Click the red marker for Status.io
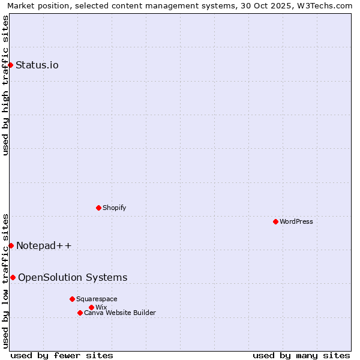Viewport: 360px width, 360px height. click(10, 65)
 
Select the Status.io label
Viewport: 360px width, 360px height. click(37, 65)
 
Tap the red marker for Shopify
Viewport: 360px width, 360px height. click(98, 208)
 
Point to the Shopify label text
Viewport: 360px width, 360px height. click(114, 208)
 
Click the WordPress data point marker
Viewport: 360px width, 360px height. click(275, 221)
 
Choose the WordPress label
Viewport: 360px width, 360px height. click(296, 221)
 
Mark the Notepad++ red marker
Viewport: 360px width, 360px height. click(11, 245)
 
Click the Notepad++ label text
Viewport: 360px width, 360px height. click(44, 245)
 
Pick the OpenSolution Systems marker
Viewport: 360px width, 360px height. click(13, 277)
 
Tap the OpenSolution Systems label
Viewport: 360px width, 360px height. click(73, 277)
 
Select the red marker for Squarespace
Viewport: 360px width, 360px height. click(72, 299)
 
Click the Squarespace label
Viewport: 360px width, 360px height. click(97, 299)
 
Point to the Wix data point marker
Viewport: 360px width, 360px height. click(91, 307)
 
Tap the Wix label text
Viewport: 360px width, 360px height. click(101, 307)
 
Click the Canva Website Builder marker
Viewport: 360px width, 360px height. click(80, 313)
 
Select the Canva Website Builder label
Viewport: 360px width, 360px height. click(120, 313)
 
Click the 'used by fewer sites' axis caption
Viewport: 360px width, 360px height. click(62, 355)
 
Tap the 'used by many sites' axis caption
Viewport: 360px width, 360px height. click(301, 355)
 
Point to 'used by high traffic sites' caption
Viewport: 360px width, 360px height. click(5, 85)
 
